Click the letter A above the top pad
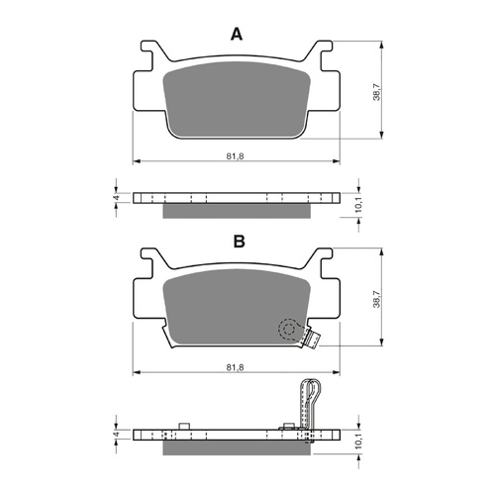pos(236,35)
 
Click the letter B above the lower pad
pos(238,241)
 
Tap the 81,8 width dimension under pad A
pos(236,155)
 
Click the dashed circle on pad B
pos(287,329)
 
